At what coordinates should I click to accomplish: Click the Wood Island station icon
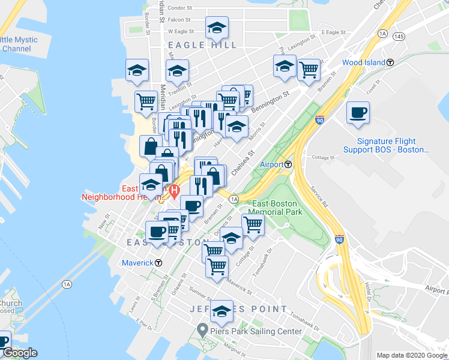click(390, 62)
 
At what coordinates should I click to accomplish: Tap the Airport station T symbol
click(288, 164)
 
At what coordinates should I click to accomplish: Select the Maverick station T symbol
click(158, 263)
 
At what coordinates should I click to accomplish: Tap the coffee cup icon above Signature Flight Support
click(358, 113)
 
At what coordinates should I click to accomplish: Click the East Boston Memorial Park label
click(274, 208)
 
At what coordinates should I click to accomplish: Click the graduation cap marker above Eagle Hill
click(217, 28)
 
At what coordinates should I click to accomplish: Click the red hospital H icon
click(174, 192)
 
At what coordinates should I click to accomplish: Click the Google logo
click(20, 353)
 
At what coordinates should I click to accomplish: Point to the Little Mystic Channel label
click(18, 44)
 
